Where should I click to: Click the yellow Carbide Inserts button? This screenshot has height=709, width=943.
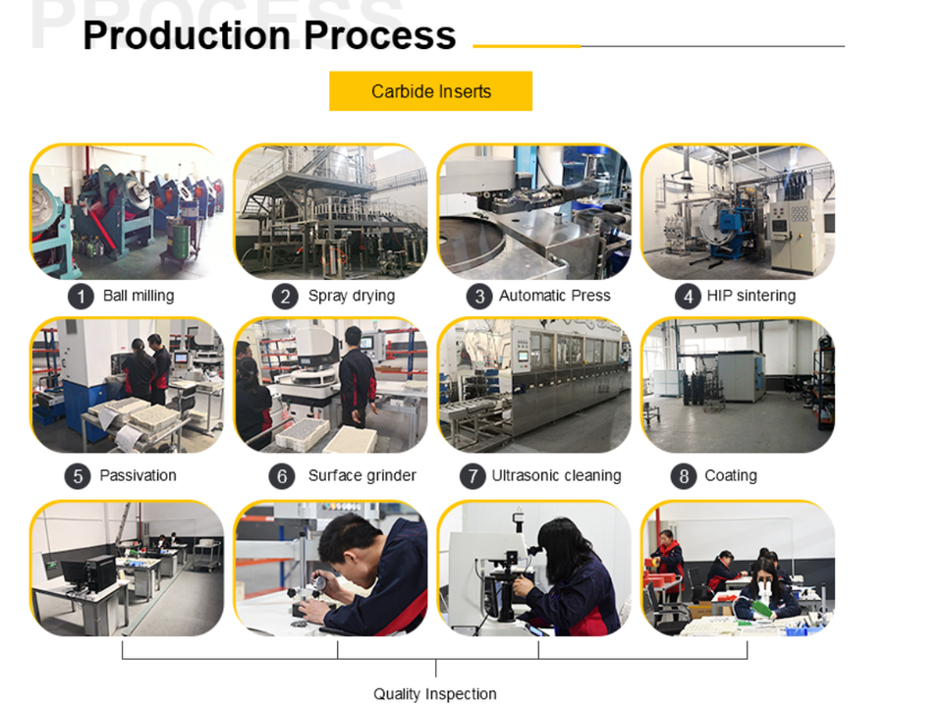click(x=430, y=90)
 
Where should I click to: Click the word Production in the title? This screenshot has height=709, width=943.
click(x=187, y=35)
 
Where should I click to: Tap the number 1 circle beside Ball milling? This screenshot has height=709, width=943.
click(x=81, y=297)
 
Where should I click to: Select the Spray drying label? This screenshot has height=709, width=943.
click(x=352, y=296)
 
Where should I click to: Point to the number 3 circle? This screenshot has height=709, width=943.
click(x=479, y=297)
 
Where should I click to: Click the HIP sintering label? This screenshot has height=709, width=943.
click(x=751, y=296)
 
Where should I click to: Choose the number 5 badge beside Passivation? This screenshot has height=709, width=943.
click(x=78, y=476)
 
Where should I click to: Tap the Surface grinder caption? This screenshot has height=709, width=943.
click(x=362, y=475)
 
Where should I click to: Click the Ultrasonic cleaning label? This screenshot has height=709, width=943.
click(x=556, y=475)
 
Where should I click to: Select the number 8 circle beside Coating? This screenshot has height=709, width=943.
click(x=684, y=476)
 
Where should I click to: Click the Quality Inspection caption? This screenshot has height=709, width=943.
click(x=435, y=694)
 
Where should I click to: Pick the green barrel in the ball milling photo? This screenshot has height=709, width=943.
click(x=178, y=238)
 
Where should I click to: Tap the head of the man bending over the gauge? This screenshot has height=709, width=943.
click(x=345, y=537)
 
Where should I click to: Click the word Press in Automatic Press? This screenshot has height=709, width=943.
click(x=591, y=296)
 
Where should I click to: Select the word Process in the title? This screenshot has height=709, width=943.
click(x=379, y=35)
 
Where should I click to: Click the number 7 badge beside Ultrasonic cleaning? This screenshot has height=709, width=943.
click(x=472, y=476)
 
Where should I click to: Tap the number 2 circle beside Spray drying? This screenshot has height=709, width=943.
click(x=285, y=297)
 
